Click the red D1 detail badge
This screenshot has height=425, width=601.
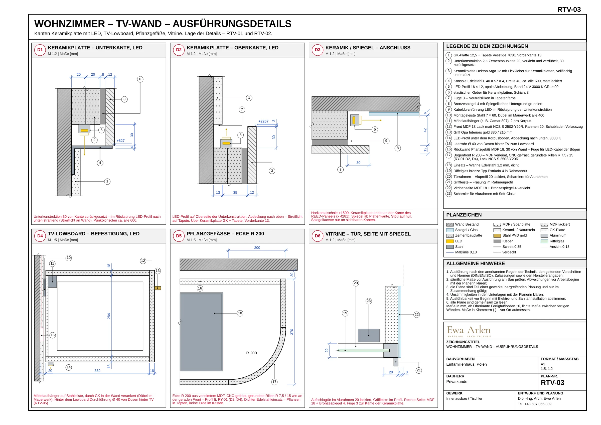click(x=40, y=50)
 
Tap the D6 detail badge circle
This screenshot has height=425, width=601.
click(x=318, y=236)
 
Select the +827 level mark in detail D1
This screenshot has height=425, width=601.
click(x=121, y=140)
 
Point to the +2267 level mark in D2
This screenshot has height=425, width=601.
click(x=263, y=121)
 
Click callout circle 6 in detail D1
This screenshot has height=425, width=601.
click(x=140, y=79)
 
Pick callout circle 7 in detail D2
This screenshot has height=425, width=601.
click(x=242, y=110)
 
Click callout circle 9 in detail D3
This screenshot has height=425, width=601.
click(x=386, y=141)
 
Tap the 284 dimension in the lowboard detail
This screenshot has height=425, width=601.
click(x=109, y=316)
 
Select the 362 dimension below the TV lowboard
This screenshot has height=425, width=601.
click(x=97, y=371)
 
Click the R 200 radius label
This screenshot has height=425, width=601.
click(x=252, y=353)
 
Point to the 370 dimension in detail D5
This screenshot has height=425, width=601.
click(x=292, y=332)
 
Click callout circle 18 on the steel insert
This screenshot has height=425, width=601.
click(x=240, y=313)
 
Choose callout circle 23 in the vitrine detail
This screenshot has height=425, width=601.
click(x=369, y=301)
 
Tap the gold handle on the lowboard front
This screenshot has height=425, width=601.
click(x=158, y=288)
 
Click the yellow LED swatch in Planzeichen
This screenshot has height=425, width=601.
click(x=450, y=241)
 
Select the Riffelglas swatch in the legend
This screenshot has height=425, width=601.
click(x=544, y=241)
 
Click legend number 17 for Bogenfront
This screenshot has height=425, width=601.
click(x=449, y=155)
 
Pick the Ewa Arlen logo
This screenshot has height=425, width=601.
click(x=469, y=331)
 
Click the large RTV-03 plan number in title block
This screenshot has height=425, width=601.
click(x=553, y=383)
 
